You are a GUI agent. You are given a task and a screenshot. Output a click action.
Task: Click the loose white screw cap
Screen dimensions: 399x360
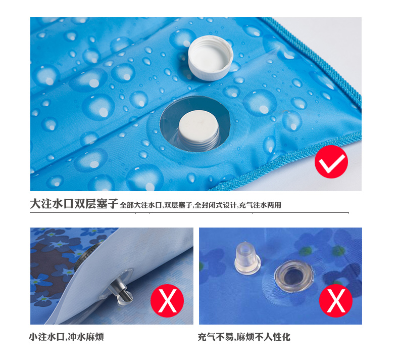coord(211,58)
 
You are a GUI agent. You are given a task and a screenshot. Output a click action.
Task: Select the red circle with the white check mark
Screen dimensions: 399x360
coord(331,162)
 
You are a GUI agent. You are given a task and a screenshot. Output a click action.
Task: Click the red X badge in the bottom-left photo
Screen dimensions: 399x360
coord(167,301)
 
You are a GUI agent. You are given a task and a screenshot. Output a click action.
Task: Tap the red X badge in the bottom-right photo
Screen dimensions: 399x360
coord(336,301)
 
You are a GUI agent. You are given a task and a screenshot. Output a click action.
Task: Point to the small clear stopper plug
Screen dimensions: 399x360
coord(247,258)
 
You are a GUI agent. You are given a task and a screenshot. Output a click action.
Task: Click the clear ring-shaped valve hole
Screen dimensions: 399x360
coord(294,276)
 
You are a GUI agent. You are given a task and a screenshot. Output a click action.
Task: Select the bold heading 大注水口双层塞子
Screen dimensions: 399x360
coord(74,204)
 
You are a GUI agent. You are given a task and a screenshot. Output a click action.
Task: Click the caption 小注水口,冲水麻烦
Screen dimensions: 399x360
coord(66,337)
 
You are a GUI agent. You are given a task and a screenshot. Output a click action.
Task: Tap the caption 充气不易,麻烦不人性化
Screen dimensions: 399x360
coord(244,337)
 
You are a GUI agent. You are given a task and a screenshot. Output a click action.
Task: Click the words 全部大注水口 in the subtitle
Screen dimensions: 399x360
coord(141,205)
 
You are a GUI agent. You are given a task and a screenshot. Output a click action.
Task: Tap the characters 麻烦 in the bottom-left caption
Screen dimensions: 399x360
coord(94,337)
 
